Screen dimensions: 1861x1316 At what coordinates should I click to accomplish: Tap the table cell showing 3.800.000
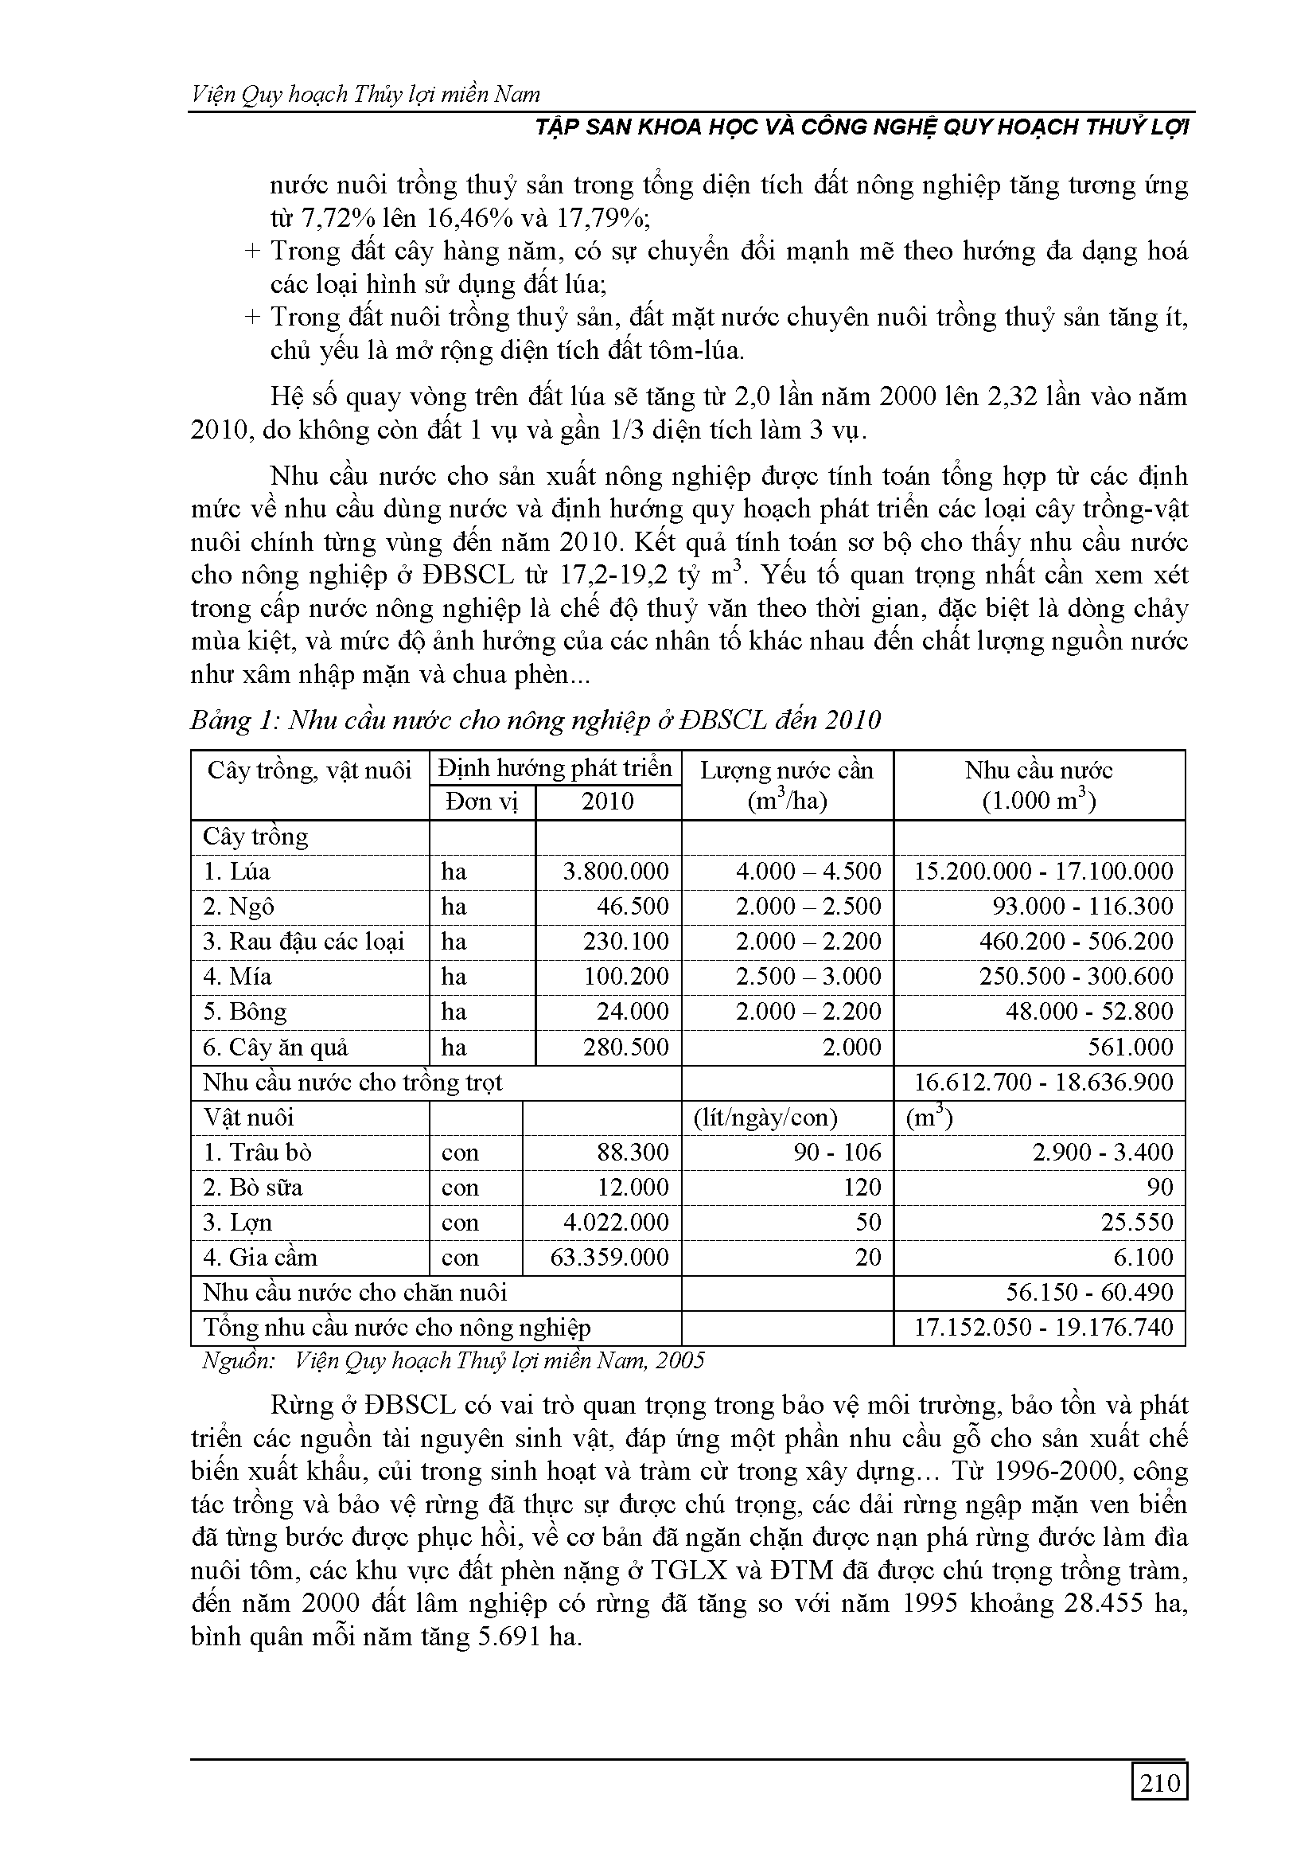point(615,872)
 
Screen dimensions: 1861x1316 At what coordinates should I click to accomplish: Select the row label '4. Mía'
point(237,976)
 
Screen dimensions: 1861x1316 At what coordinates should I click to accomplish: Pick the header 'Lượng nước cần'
point(787,769)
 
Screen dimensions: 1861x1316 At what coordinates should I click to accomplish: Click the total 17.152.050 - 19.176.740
point(1043,1327)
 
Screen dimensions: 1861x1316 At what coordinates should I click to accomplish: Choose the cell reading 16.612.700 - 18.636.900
point(1043,1082)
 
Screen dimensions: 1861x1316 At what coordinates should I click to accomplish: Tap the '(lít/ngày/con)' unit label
point(765,1118)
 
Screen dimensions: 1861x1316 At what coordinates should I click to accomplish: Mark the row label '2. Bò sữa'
point(253,1188)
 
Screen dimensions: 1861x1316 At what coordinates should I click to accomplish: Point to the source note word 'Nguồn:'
point(235,1360)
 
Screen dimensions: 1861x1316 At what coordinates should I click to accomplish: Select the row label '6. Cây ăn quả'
point(275,1048)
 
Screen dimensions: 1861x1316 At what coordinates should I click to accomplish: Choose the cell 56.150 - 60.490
point(1089,1292)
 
